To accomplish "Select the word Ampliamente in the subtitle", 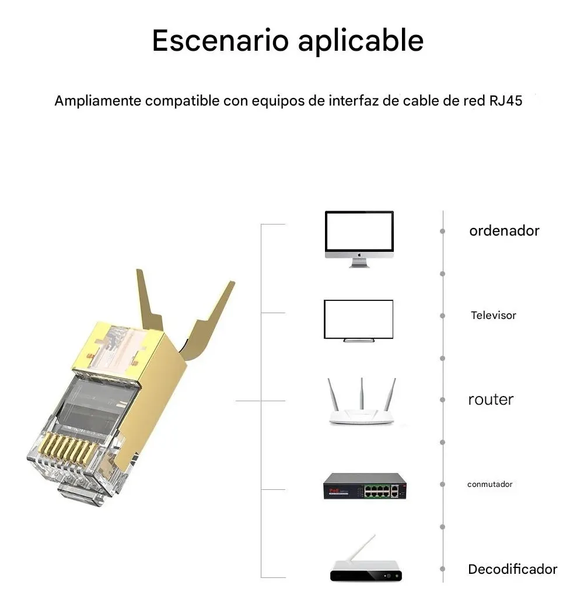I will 97,101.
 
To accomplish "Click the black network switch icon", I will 365,486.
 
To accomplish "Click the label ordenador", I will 504,231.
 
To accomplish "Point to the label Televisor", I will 494,315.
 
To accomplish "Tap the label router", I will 491,400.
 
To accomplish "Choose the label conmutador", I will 490,485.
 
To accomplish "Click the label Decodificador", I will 513,569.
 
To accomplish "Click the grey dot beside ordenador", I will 443,232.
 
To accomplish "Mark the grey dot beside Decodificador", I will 443,569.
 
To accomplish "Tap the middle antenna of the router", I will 361,394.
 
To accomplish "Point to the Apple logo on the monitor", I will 359,255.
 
